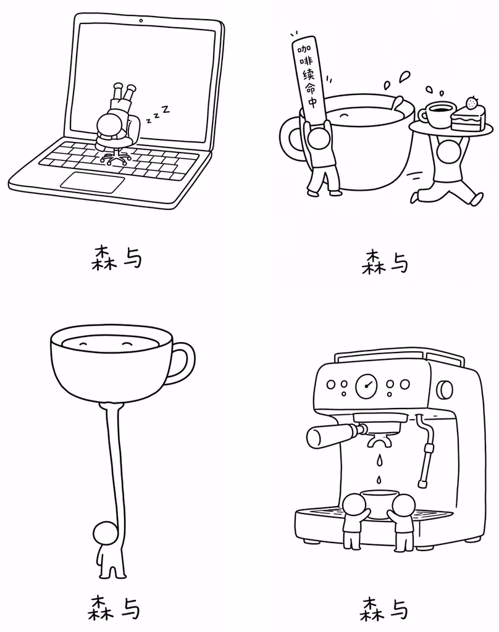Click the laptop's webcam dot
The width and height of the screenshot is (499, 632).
[141, 20]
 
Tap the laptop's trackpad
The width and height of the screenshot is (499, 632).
[93, 181]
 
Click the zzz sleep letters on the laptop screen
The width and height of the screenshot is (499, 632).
[157, 114]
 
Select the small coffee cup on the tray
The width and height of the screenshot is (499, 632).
[435, 115]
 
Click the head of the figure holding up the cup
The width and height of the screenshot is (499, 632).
[106, 533]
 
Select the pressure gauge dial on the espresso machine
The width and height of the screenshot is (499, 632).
[366, 385]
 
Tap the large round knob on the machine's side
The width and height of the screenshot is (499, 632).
[445, 388]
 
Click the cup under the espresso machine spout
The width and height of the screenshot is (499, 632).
[380, 504]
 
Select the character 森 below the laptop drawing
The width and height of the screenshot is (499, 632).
[104, 259]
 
